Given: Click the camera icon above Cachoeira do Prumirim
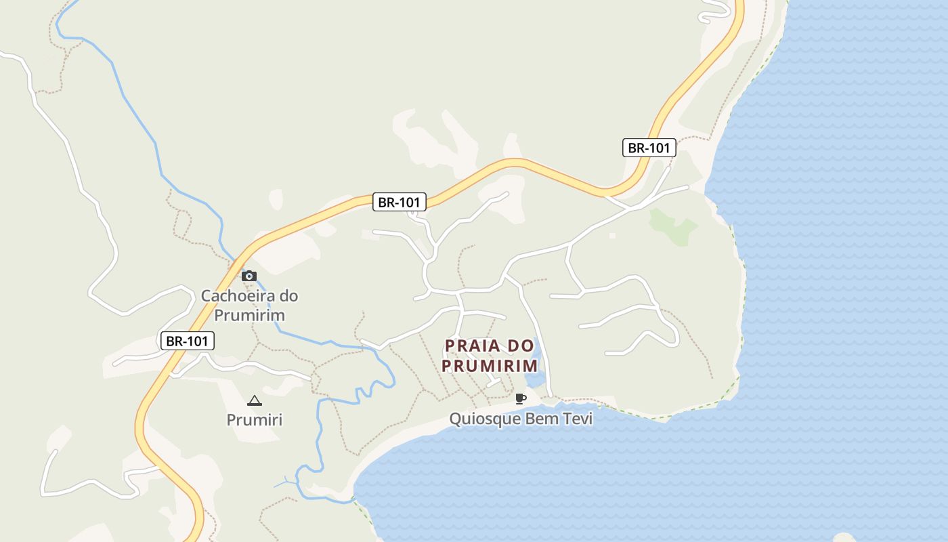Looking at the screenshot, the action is click(249, 276).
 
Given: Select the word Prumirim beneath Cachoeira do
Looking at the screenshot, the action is click(250, 315).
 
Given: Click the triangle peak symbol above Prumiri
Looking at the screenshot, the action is click(254, 400).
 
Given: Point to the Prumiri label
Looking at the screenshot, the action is click(254, 420).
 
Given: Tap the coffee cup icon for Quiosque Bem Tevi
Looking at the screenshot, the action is click(520, 398).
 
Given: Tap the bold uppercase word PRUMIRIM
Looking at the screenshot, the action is click(490, 366).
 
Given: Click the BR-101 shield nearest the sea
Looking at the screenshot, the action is click(649, 148).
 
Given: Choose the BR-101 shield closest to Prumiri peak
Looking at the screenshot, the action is click(187, 341).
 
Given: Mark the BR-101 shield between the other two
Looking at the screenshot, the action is click(400, 202).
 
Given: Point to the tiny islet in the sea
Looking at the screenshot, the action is click(844, 538).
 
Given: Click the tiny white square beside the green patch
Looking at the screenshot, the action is click(612, 236).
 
